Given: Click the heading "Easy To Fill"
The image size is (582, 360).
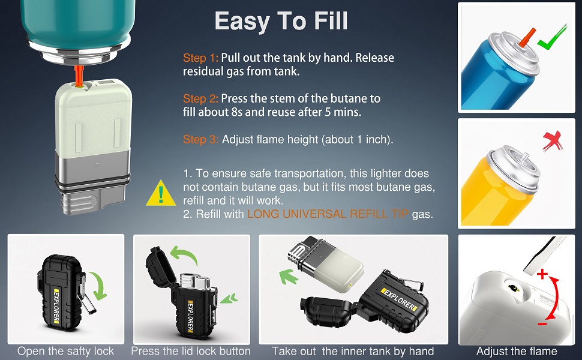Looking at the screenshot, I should point(281,22).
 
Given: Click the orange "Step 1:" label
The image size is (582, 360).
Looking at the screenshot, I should point(201,58).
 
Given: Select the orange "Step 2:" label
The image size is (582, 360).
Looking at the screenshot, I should point(201,98).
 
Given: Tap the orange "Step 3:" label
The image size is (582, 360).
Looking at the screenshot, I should point(201,139).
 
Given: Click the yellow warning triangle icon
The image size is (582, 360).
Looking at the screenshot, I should point(161,193).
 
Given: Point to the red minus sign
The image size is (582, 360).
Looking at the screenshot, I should point(542,324).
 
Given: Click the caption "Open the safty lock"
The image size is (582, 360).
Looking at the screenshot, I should point(65,351).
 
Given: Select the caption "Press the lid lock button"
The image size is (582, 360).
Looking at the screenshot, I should point(191,351).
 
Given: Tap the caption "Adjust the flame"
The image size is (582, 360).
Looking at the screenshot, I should point(517,351).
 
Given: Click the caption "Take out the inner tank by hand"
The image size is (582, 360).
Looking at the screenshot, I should point(353,351).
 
